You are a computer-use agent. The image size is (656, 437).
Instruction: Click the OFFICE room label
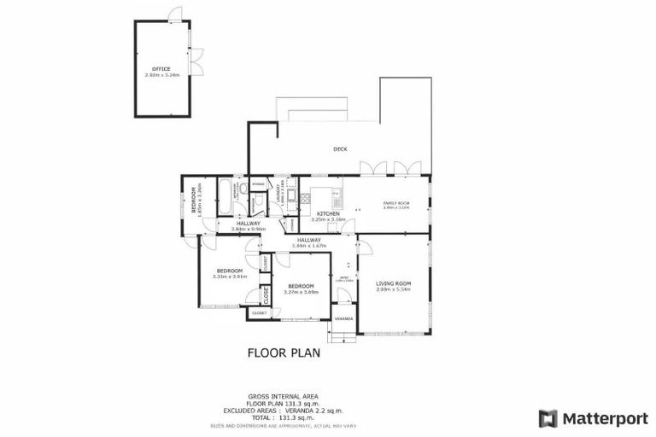tap(161, 68)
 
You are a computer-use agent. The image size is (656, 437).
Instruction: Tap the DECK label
tap(340, 149)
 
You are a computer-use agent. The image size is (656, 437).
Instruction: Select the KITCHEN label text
tap(329, 213)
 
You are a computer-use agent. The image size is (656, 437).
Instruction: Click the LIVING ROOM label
tap(393, 283)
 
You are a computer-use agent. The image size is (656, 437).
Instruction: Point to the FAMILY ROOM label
tap(396, 202)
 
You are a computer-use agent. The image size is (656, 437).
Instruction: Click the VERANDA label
tap(343, 319)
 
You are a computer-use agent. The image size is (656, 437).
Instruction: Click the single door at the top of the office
tap(175, 15)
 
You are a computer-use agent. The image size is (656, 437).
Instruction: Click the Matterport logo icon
tap(548, 418)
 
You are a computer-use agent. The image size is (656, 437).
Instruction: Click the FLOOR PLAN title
tap(284, 352)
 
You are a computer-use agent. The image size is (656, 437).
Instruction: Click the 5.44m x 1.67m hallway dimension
tap(308, 246)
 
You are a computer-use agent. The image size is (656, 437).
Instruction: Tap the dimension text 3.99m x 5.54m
tap(393, 289)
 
